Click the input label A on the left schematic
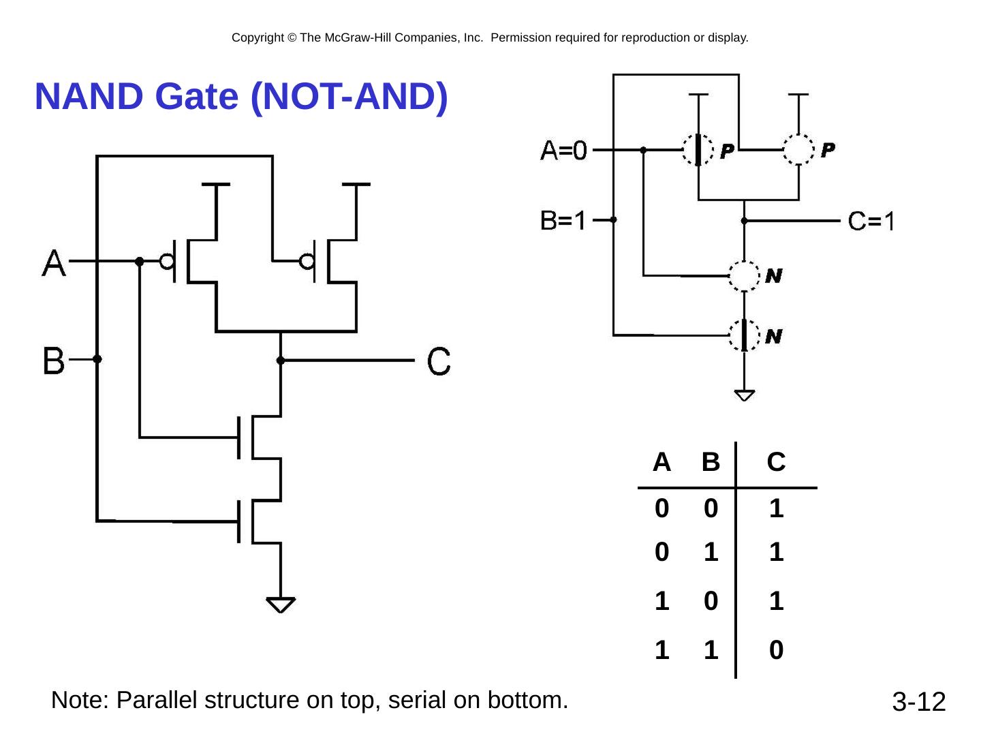click(x=54, y=262)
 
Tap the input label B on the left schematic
click(x=54, y=361)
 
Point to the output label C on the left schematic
click(x=439, y=361)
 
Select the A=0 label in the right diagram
click(x=564, y=150)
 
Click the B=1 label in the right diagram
click(x=563, y=220)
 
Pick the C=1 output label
click(x=871, y=221)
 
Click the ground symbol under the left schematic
click(x=281, y=604)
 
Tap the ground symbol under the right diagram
click(x=745, y=395)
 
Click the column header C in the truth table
click(x=776, y=463)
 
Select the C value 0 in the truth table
click(x=776, y=651)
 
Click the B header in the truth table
click(x=711, y=463)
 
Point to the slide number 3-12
click(x=919, y=702)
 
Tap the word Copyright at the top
click(x=258, y=38)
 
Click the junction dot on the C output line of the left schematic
click(x=281, y=361)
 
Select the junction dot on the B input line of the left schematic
click(x=97, y=359)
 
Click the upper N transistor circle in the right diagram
click(x=745, y=276)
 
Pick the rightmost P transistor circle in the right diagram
click(x=798, y=149)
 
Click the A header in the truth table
click(x=661, y=463)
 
